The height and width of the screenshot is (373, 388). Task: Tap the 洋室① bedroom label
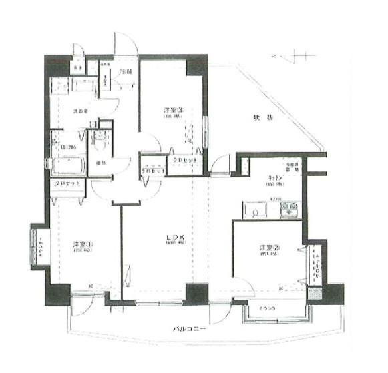pos(83,244)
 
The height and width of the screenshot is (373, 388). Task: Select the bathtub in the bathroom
pos(67,165)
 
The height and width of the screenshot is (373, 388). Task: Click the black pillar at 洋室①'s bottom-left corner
pos(57,294)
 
